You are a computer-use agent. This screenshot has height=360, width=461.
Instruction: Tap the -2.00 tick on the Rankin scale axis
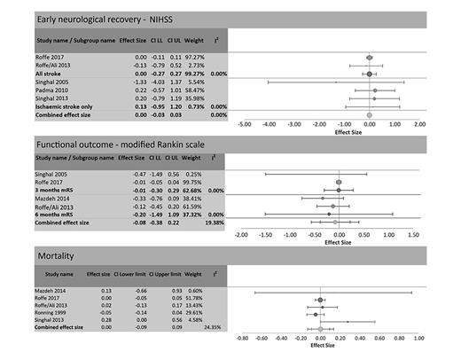(239, 236)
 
